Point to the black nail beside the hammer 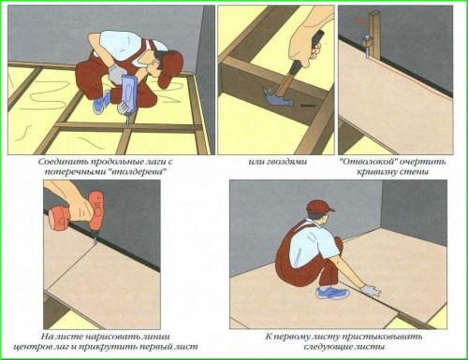tap(308, 106)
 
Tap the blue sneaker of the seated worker tap(332, 294)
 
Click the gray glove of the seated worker tap(372, 291)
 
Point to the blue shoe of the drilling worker tap(102, 101)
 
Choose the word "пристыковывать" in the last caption tap(382, 337)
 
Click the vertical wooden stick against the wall tap(375, 35)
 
